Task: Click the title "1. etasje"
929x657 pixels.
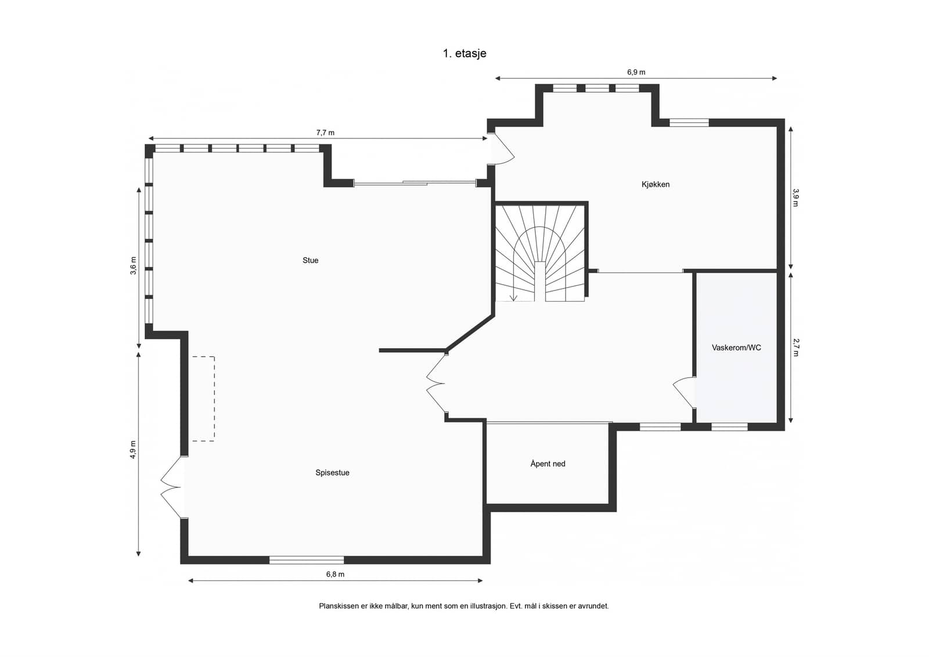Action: (464, 53)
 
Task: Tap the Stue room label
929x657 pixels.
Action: (310, 260)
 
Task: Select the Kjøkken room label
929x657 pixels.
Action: (656, 184)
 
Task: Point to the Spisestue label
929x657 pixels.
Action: (332, 472)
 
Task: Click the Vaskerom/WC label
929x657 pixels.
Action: (736, 347)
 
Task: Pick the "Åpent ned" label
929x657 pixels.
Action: (548, 463)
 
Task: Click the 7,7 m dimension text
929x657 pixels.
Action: (325, 133)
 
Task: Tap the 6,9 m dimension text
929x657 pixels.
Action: (636, 72)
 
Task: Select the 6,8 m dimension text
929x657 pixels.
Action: (335, 575)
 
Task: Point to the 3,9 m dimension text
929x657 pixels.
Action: (795, 198)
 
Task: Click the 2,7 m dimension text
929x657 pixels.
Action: (795, 347)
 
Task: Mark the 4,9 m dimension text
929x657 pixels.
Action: (133, 450)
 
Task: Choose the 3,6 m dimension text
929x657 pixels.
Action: (133, 265)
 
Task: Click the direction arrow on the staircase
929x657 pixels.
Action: (514, 286)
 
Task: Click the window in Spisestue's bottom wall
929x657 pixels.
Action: (307, 560)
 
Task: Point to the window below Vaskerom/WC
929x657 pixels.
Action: (729, 426)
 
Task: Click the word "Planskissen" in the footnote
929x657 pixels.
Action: (339, 606)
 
